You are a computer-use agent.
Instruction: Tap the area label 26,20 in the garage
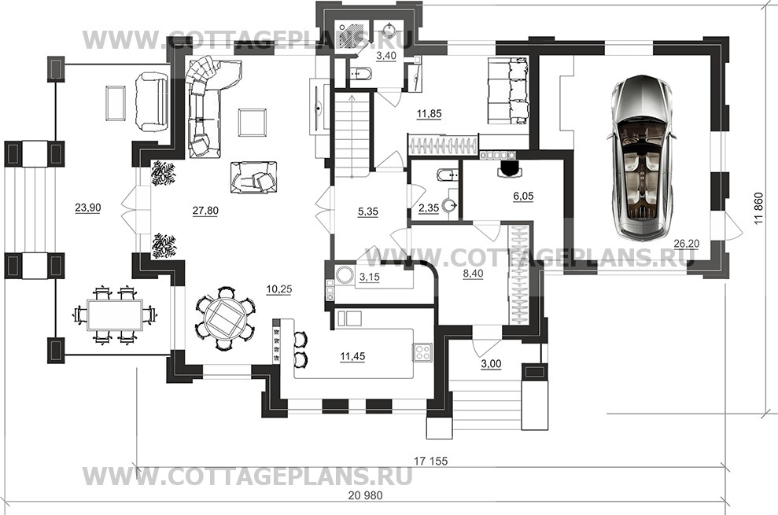pyautogui.click(x=686, y=244)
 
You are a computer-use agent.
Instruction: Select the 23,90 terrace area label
pyautogui.click(x=88, y=208)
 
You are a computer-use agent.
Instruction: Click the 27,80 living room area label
pyautogui.click(x=205, y=211)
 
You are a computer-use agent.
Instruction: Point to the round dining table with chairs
pyautogui.click(x=225, y=318)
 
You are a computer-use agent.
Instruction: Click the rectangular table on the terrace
pyautogui.click(x=115, y=315)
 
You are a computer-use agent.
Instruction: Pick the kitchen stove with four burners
pyautogui.click(x=422, y=352)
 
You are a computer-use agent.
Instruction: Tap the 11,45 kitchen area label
pyautogui.click(x=352, y=356)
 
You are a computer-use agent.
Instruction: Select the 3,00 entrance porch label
pyautogui.click(x=491, y=364)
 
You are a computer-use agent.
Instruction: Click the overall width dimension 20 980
pyautogui.click(x=366, y=495)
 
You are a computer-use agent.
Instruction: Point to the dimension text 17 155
pyautogui.click(x=430, y=462)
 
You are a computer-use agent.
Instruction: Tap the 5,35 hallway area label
pyautogui.click(x=367, y=212)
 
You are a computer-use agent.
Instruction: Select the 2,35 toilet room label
pyautogui.click(x=429, y=208)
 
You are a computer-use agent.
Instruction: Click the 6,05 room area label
pyautogui.click(x=523, y=197)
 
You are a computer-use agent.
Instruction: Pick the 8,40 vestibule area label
pyautogui.click(x=473, y=274)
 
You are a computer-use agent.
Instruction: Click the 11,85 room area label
pyautogui.click(x=429, y=114)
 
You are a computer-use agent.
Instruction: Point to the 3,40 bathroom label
pyautogui.click(x=386, y=56)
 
